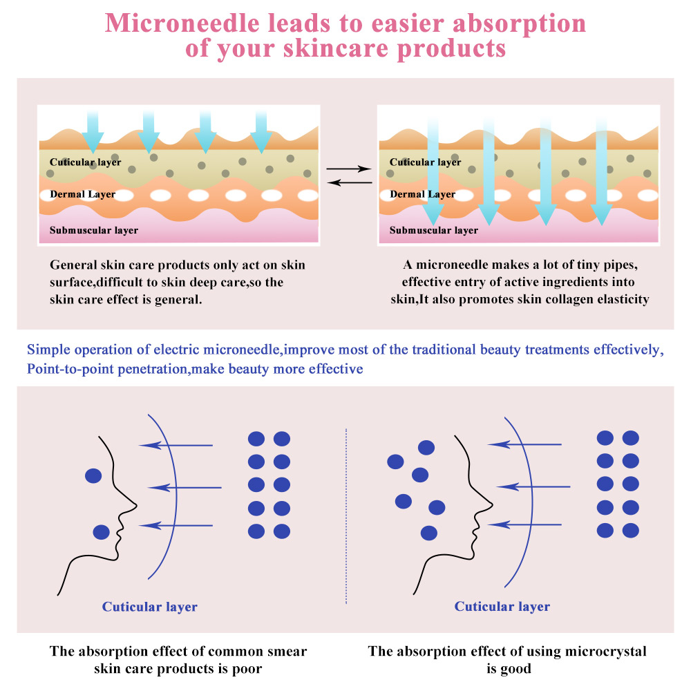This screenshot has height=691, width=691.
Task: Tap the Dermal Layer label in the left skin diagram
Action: [x=82, y=194]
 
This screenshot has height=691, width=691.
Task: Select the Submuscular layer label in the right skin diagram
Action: [x=433, y=230]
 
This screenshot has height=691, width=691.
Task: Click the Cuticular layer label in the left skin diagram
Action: [x=85, y=162]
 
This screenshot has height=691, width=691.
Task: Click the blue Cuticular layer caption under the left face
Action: [x=150, y=607]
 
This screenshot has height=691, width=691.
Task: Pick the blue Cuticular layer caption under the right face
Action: [x=502, y=606]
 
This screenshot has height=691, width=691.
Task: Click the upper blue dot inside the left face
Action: [x=93, y=475]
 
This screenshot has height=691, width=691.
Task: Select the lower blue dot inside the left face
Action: [x=102, y=532]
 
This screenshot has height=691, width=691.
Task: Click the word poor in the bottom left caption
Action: [x=247, y=668]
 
